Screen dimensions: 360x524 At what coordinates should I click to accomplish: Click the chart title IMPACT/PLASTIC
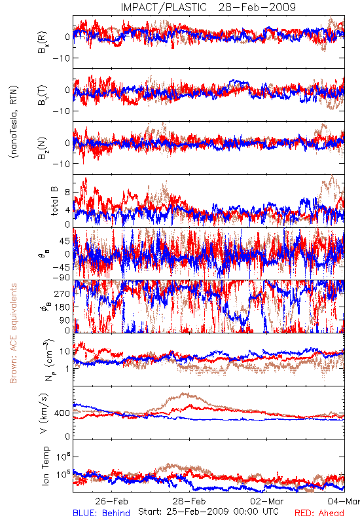164,7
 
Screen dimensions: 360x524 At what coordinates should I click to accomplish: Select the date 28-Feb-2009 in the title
257,7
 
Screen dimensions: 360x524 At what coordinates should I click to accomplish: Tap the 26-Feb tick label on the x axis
111,501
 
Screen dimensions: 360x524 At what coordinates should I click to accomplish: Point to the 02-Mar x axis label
267,501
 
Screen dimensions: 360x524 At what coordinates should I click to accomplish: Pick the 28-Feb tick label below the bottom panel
189,501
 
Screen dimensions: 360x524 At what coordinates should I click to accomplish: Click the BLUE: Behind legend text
101,513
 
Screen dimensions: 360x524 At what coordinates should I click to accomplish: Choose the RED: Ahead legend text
319,513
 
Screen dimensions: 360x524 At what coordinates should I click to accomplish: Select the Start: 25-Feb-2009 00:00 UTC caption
208,512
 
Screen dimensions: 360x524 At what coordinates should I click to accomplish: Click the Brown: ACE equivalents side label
13,333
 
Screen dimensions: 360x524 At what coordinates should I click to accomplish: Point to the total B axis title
54,201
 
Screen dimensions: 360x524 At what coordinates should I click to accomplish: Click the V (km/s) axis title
44,413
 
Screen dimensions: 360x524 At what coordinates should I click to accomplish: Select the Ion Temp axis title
45,466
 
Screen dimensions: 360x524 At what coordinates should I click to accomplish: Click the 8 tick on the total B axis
67,193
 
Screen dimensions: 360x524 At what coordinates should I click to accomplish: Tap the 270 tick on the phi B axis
63,293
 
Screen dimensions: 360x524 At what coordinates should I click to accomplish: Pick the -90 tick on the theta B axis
62,278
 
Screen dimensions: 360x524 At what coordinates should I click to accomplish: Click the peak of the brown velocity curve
184,394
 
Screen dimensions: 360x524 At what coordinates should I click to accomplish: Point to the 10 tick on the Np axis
65,352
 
